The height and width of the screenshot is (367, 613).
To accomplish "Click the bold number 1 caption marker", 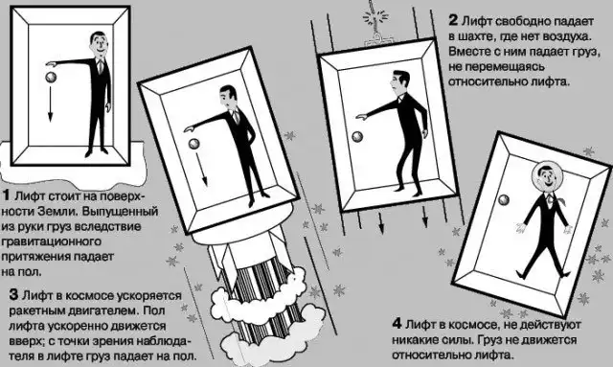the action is [x=7, y=195].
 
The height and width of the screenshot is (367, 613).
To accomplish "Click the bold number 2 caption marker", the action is [x=453, y=20].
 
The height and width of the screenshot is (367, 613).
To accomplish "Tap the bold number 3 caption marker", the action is [x=14, y=294].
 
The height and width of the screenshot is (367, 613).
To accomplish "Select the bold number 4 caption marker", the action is [x=397, y=324].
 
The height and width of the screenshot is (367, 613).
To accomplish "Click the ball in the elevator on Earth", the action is [x=51, y=78].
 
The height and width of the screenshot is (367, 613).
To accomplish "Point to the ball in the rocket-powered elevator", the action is [x=194, y=144].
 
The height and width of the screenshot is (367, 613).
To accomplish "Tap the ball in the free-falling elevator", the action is [x=357, y=137].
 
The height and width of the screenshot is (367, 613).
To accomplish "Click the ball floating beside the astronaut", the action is [x=504, y=200].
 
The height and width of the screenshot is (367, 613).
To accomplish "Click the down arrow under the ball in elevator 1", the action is [x=50, y=103].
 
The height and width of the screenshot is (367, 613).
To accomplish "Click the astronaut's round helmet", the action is [x=545, y=177].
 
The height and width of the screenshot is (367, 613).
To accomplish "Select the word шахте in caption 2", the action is [x=481, y=36].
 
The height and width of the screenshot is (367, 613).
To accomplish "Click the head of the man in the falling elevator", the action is [x=400, y=81].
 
